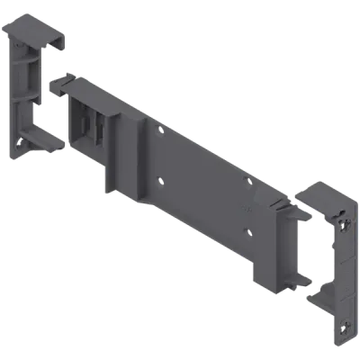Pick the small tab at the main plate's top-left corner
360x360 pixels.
tap(61, 82)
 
